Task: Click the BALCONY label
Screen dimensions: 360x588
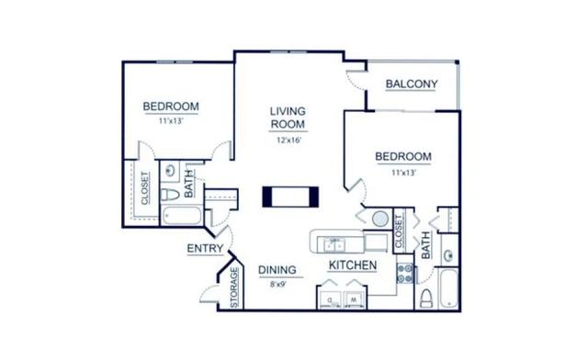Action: coord(411,85)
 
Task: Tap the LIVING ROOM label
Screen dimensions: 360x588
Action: coord(288,118)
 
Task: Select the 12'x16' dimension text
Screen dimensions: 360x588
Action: coord(288,141)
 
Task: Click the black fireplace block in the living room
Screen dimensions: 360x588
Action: coord(290,196)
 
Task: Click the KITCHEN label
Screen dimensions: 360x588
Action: coord(353,265)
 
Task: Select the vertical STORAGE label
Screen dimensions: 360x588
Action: coord(233,287)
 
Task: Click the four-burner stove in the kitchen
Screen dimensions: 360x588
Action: coord(405,271)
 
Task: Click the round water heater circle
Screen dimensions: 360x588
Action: coord(379,219)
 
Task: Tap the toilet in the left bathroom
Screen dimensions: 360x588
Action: coord(172,198)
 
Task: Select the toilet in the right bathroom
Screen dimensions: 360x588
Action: coord(425,297)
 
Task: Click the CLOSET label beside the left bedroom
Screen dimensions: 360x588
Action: coord(145,188)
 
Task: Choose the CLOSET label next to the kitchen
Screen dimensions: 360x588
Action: coord(399,232)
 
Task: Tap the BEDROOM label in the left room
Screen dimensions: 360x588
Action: coord(171,107)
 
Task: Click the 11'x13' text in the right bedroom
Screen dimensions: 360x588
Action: coord(402,171)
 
